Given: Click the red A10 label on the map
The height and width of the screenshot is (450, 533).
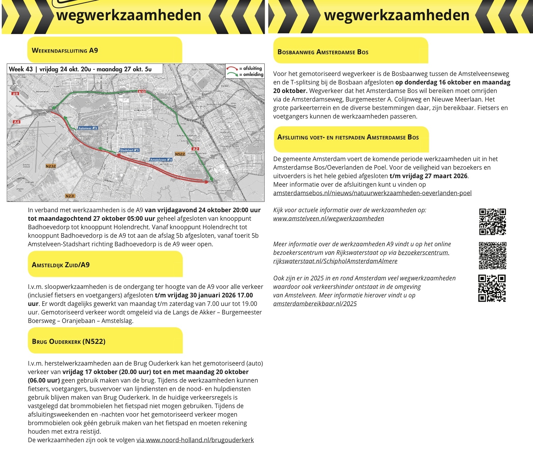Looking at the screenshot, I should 142,92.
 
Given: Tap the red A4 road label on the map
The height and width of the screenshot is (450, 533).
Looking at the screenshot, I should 16,122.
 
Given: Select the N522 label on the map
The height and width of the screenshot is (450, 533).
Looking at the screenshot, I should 180,154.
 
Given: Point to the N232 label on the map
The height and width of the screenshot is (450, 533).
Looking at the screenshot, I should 51,166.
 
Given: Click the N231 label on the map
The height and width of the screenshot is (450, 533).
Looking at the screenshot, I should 70,196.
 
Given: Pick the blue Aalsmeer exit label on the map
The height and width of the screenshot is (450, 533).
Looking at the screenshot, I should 88,128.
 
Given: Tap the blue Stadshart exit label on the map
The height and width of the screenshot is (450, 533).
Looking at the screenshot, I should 130,150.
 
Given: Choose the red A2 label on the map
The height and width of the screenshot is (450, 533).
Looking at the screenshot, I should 195,149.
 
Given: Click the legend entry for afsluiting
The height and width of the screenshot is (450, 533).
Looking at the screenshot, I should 245,68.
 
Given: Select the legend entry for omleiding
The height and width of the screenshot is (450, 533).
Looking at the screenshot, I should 245,75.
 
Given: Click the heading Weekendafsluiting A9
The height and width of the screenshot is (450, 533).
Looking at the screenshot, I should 65,50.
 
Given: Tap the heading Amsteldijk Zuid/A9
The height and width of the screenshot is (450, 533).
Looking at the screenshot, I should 61,265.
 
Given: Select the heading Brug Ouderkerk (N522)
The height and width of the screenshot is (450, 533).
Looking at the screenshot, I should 68,341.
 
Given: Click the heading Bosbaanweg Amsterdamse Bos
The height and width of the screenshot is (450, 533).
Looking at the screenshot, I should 323,52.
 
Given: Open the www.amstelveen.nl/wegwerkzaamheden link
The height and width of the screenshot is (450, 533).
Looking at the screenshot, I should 329,219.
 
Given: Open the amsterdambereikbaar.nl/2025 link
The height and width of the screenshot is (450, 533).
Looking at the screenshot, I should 315,304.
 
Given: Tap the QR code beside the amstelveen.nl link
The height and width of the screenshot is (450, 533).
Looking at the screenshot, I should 493,222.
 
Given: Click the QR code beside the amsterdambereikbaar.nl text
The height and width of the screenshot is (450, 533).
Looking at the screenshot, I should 492,288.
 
